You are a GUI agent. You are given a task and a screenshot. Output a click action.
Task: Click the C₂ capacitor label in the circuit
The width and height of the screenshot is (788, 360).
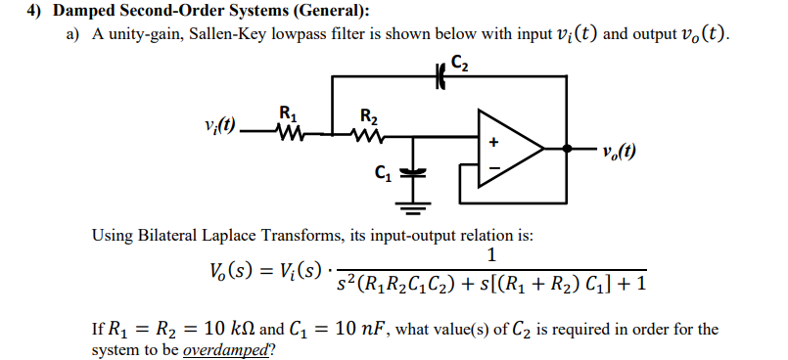point(461,67)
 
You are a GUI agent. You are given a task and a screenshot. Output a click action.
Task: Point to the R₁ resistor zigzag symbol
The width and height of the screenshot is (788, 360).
point(289,129)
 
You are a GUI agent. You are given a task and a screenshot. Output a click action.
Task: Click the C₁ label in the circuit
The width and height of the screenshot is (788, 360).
point(381,174)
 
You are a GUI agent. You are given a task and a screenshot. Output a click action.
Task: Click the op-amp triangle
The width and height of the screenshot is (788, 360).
point(508,149)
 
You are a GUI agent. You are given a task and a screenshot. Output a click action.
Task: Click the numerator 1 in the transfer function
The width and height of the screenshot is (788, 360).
point(491,256)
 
